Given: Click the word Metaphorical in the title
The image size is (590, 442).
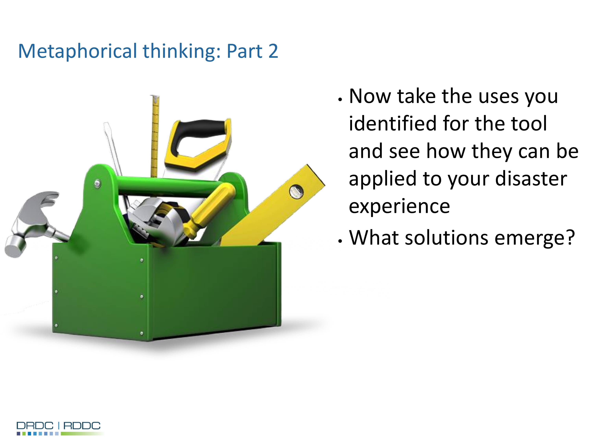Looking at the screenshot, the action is point(77,51).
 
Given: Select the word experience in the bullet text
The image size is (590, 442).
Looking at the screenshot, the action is point(399,206).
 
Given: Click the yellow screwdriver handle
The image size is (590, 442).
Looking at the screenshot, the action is point(211,210).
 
